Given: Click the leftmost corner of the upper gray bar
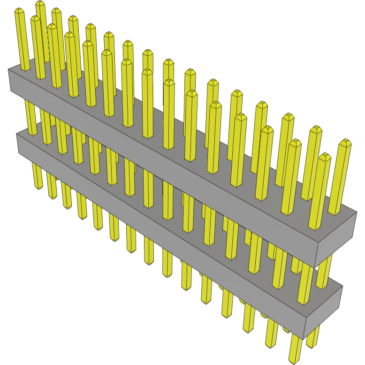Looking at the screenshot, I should click(x=8, y=69).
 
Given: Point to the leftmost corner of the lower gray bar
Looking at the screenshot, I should click(x=16, y=134).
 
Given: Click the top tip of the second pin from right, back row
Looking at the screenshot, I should click(x=316, y=127).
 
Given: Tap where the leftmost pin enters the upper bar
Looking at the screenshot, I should click(x=25, y=70).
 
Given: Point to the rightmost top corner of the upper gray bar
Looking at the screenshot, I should click(x=357, y=212).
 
